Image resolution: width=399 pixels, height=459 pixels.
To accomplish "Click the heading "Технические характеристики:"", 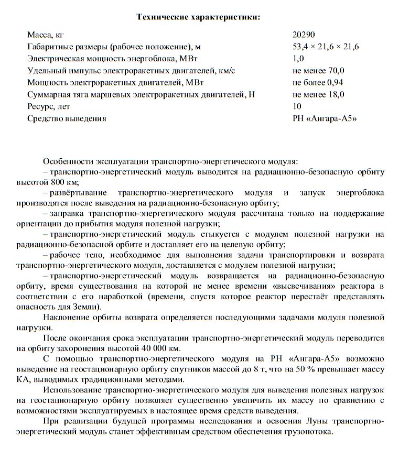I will (x=198, y=17).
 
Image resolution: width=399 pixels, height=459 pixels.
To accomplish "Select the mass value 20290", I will (x=304, y=35).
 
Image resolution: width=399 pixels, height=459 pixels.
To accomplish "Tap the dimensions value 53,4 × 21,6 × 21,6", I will (x=326, y=47).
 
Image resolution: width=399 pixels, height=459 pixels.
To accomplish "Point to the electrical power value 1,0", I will (x=298, y=59).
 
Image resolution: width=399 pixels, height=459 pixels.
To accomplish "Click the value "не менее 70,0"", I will (x=318, y=70).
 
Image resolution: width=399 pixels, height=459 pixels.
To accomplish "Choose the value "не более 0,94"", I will (x=318, y=82).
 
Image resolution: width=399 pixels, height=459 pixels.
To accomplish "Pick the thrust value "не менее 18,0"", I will (x=318, y=94).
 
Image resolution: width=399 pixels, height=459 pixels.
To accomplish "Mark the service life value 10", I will (x=297, y=106).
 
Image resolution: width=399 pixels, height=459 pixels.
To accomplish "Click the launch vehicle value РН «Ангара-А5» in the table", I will (x=325, y=118).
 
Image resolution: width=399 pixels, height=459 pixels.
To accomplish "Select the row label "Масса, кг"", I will (x=46, y=35).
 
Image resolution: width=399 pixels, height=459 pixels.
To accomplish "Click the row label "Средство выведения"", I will (x=67, y=118).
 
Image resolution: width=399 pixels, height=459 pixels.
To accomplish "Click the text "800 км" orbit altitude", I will (x=65, y=182).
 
